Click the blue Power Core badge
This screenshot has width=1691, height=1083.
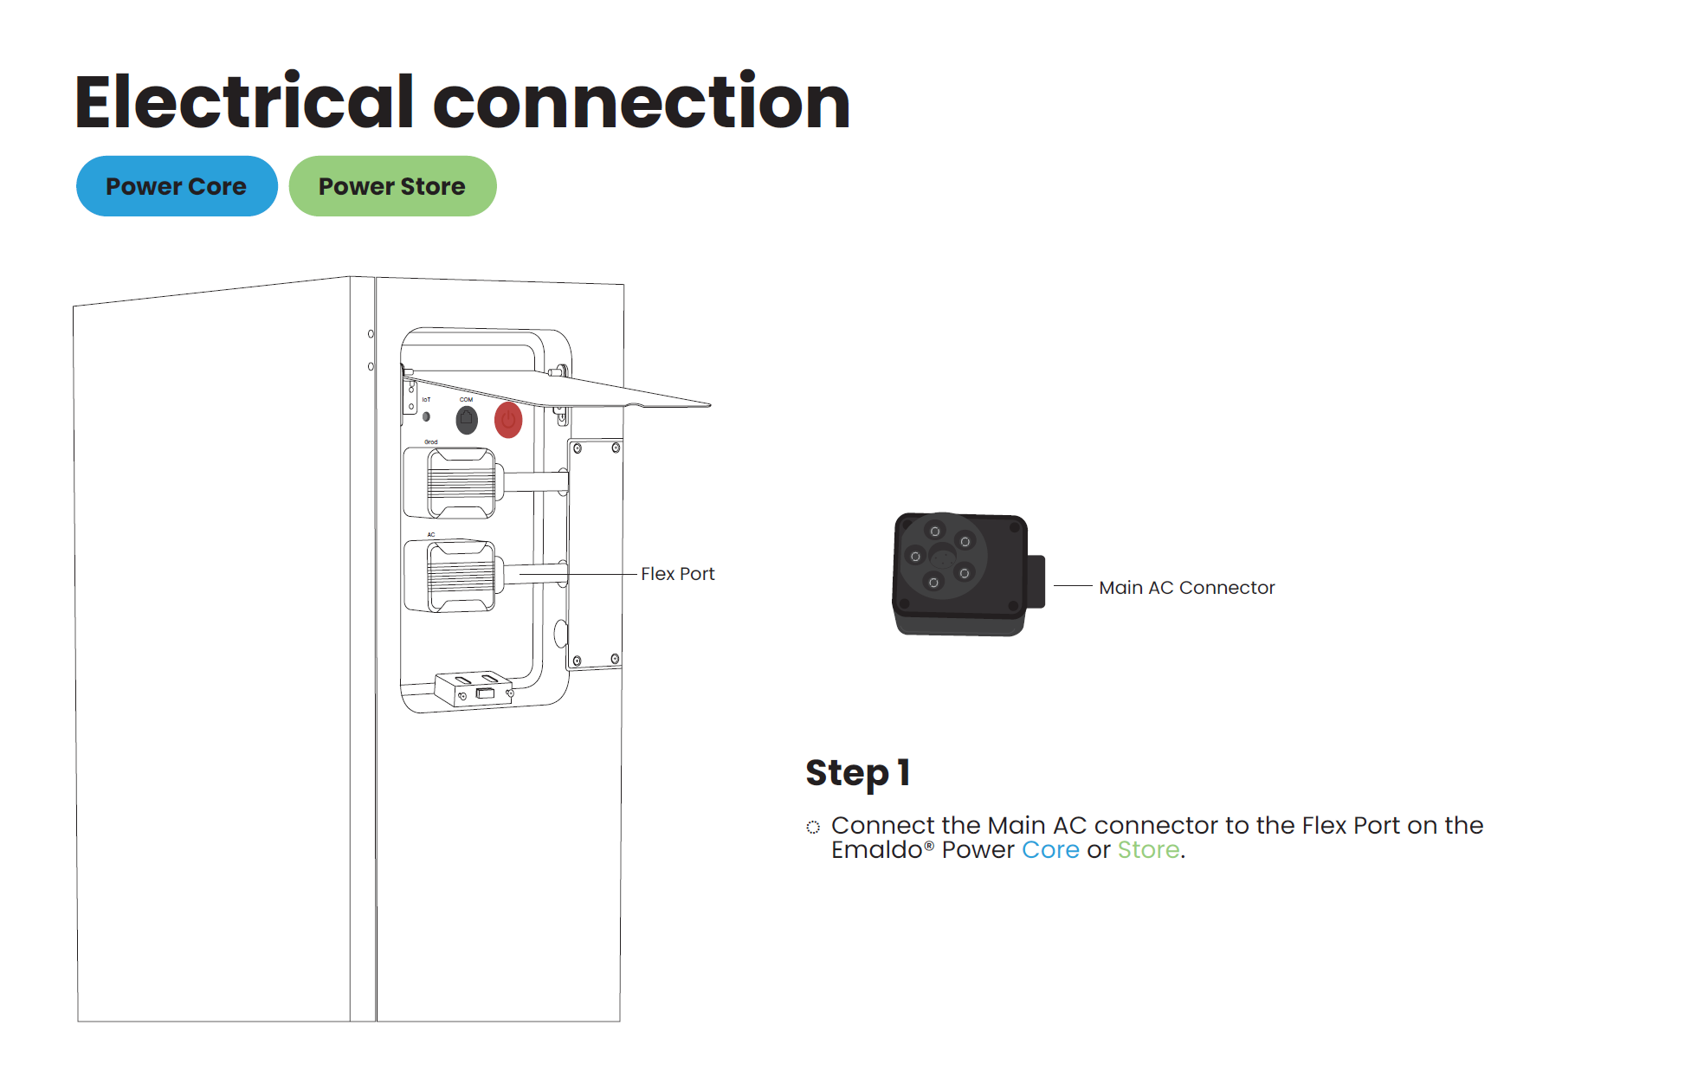(x=177, y=186)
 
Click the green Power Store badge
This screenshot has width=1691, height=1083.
(x=392, y=186)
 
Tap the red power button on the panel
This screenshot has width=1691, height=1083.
(x=508, y=421)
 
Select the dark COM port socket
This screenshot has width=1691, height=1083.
(x=467, y=420)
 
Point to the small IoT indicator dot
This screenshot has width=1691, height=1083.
(x=426, y=416)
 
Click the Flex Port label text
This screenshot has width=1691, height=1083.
(x=677, y=574)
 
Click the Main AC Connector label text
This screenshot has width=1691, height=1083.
(x=1186, y=588)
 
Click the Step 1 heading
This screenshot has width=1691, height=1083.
(x=857, y=773)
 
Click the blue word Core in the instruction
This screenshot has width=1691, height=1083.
(x=1050, y=850)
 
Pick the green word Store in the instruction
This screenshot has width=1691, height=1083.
(x=1148, y=850)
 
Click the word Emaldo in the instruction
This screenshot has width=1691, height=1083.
(x=876, y=850)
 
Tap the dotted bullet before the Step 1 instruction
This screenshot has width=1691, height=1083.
(x=813, y=828)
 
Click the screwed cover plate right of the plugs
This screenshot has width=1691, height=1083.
(x=595, y=554)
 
